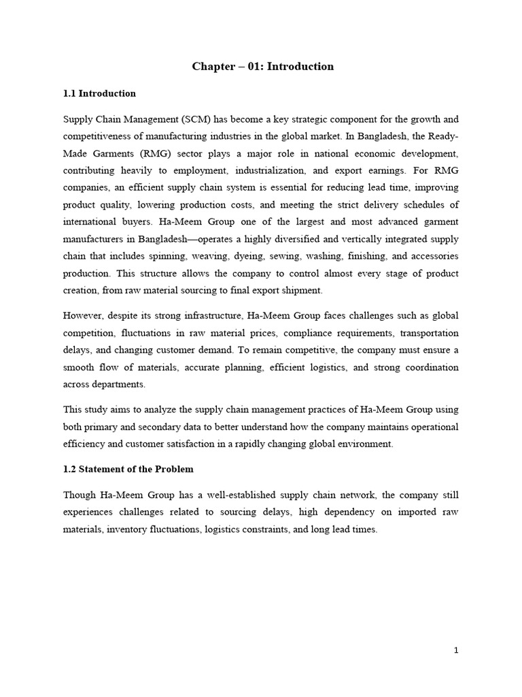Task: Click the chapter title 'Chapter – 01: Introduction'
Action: (262, 67)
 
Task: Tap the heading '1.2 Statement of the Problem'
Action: (128, 469)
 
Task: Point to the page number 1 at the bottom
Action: (457, 650)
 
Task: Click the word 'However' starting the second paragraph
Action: (83, 315)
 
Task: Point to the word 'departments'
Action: (121, 384)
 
